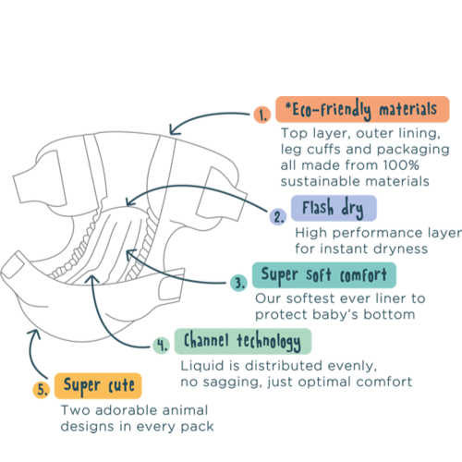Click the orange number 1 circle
(x=262, y=115)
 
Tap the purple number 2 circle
(x=278, y=216)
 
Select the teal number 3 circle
(x=238, y=283)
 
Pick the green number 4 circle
(x=162, y=345)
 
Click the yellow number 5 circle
(x=42, y=390)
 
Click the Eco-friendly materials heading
(x=362, y=109)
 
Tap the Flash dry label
(x=334, y=208)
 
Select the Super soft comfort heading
(x=324, y=275)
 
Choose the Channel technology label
(x=243, y=341)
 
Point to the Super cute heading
(x=98, y=385)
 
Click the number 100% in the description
(x=401, y=165)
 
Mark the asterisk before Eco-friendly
(x=288, y=106)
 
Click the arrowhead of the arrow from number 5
(x=34, y=333)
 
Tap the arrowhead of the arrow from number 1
(x=173, y=131)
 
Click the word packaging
(x=413, y=150)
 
